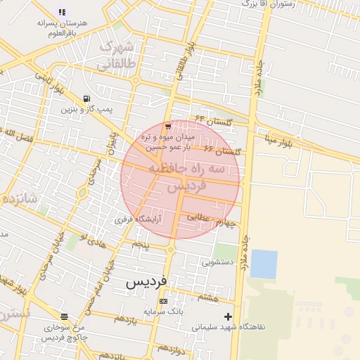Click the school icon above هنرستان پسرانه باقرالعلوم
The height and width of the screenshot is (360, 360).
[x=62, y=12]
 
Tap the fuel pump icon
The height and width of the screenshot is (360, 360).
[x=86, y=98]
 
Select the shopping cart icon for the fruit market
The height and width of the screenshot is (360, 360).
[x=167, y=126]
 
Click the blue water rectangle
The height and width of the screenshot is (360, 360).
[x=264, y=264]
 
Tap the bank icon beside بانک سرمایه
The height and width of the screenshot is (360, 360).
[x=164, y=301]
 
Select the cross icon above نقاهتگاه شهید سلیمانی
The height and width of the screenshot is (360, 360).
[x=227, y=316]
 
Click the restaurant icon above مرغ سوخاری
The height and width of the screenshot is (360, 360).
[x=65, y=316]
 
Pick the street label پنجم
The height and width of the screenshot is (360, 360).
[x=142, y=244]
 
